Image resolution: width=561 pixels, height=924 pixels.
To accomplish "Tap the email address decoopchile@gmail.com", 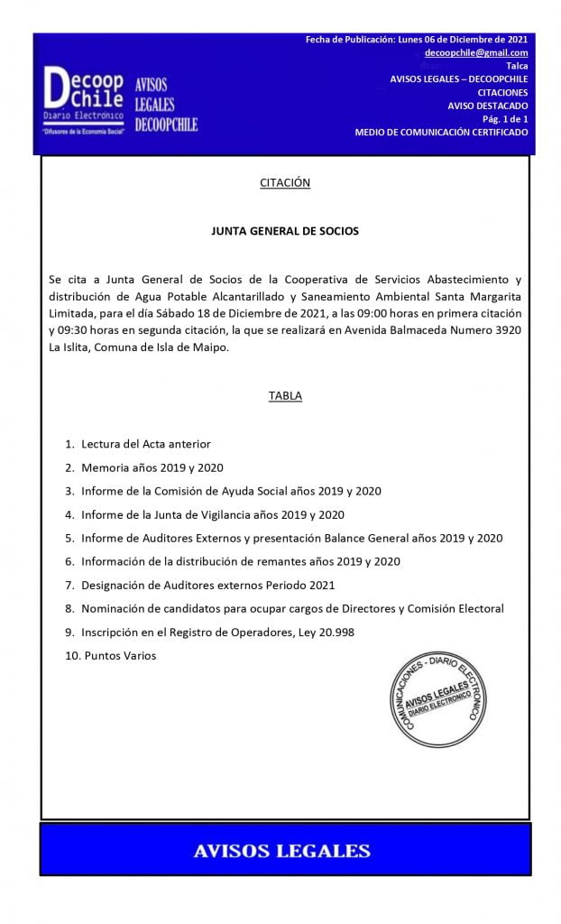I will click(x=476, y=53).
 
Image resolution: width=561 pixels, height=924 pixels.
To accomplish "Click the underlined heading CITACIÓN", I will click(x=285, y=183).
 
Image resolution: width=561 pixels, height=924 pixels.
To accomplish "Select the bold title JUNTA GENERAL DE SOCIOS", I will click(x=285, y=231).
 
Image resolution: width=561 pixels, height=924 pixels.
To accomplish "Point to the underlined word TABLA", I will click(x=285, y=396).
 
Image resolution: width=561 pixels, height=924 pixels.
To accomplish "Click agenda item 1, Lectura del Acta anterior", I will click(x=145, y=445).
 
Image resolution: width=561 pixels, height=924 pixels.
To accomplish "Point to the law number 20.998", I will click(x=333, y=633).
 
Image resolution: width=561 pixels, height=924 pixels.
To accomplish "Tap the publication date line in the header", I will click(x=417, y=40).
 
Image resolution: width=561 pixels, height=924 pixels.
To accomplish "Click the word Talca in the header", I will click(x=517, y=66).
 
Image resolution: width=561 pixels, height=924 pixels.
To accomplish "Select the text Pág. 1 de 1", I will click(x=505, y=119).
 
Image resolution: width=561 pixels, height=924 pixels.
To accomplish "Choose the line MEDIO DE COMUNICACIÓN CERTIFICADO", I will click(x=441, y=133).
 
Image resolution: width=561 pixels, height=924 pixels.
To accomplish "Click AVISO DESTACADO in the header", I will click(x=488, y=106).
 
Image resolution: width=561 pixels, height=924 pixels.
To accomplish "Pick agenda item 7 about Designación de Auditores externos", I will click(x=207, y=586).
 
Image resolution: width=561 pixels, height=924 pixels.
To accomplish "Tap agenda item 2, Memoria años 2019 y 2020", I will click(x=152, y=468).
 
